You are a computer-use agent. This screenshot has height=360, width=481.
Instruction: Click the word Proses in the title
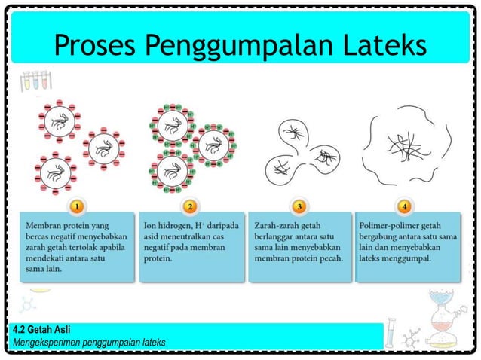point(94,46)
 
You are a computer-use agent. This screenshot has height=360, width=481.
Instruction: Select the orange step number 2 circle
point(189,205)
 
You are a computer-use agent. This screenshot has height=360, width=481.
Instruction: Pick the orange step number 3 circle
point(299,205)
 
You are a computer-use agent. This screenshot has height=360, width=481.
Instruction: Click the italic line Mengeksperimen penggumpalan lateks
point(89,343)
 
